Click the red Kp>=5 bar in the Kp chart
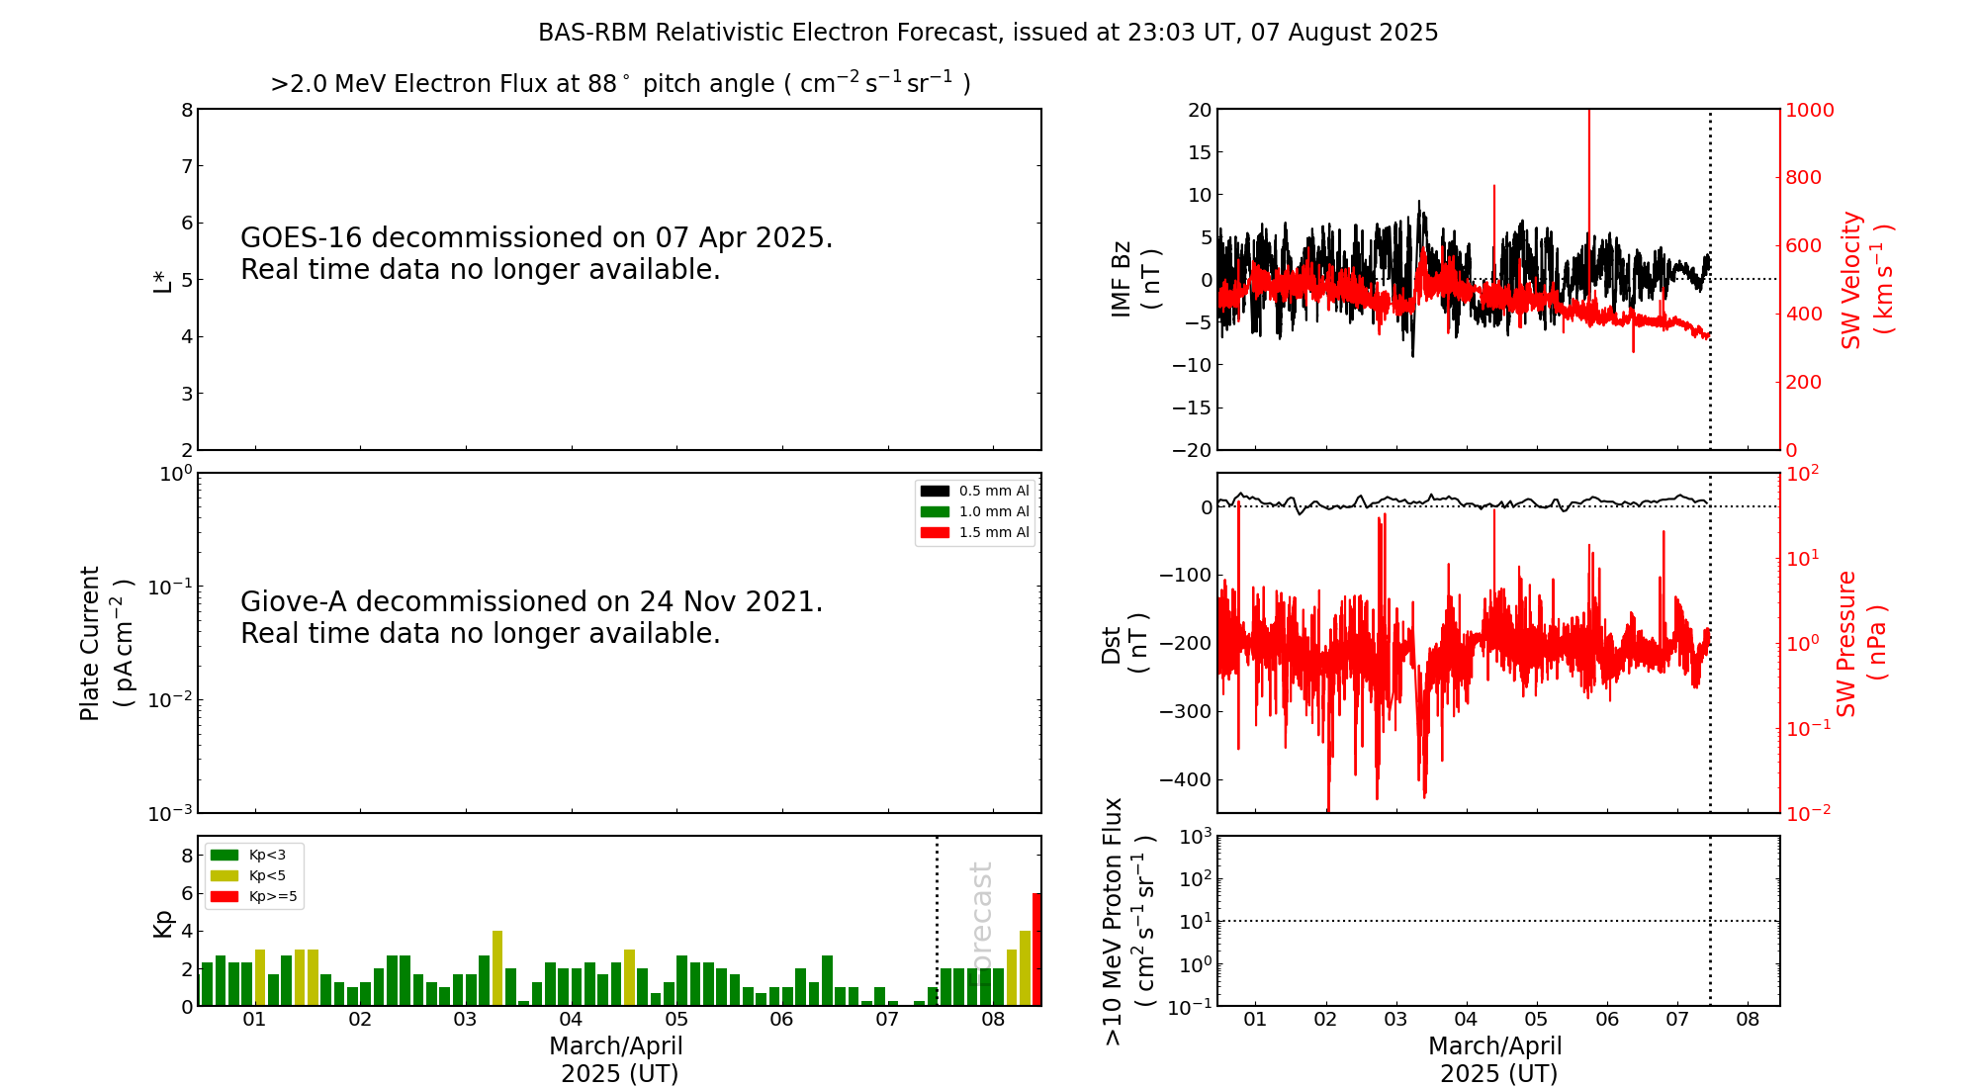click(1036, 950)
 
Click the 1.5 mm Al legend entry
click(993, 532)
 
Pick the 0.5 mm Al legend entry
click(993, 491)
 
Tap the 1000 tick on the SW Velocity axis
click(1809, 110)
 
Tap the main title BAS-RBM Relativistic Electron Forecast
click(987, 33)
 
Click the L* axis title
click(162, 280)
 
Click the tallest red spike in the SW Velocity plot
click(1589, 148)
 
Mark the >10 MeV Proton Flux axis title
click(1128, 921)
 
